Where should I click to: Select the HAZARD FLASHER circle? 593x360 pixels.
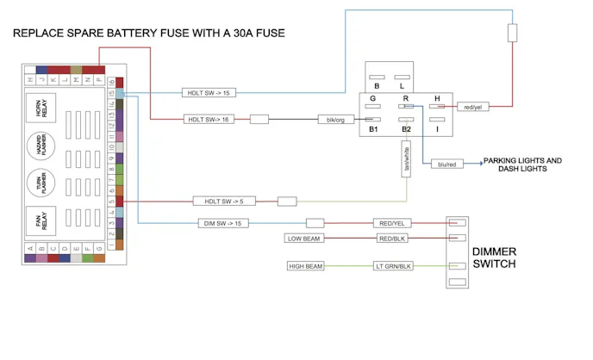coord(41,145)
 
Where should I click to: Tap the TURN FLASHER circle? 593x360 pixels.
coord(41,183)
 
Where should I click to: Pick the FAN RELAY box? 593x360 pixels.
coord(41,220)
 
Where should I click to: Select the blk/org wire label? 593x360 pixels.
coord(335,120)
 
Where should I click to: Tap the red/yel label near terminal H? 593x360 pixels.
coord(471,107)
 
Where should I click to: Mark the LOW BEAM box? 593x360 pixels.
coord(305,238)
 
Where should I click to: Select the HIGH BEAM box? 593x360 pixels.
coord(305,266)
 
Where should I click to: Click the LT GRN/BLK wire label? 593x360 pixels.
coord(394,266)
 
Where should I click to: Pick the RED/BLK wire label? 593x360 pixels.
coord(392,238)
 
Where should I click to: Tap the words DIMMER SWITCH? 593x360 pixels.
coord(494,258)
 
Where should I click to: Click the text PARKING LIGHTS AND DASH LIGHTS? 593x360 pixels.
coord(522,164)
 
